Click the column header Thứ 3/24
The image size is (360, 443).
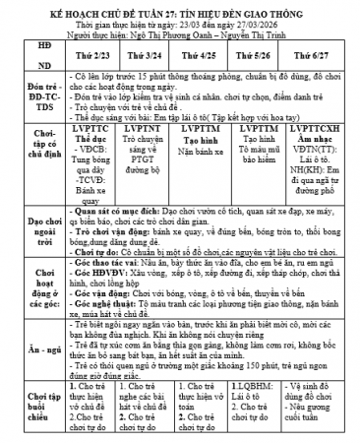pyautogui.click(x=147, y=57)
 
